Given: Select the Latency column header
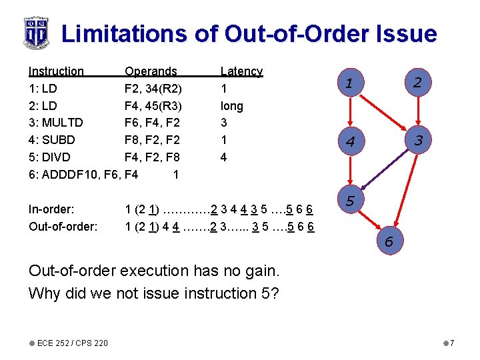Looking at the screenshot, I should click(241, 71).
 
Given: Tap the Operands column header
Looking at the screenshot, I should click(151, 71).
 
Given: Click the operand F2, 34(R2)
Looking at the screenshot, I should click(153, 89).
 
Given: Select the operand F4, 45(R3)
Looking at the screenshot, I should click(153, 106).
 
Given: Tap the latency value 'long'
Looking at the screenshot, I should click(232, 106).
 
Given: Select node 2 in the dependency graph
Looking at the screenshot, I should click(417, 82).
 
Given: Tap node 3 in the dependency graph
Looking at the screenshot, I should click(419, 141).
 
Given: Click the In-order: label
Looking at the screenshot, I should click(51, 209).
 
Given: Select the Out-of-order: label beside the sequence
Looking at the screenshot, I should click(63, 227).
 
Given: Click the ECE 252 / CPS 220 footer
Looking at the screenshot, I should click(72, 343).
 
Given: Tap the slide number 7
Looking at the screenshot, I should click(451, 343).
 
